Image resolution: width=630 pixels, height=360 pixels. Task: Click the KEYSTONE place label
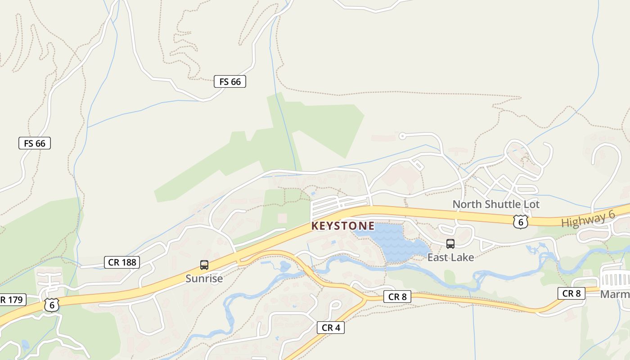342,225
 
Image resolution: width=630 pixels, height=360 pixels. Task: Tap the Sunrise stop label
204,279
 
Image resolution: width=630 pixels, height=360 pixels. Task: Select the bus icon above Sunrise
204,265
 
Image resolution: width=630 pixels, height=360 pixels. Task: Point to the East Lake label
450,257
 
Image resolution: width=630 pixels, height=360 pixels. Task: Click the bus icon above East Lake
450,244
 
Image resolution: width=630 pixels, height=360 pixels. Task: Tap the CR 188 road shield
122,262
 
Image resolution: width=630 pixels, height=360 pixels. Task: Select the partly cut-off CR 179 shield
12,300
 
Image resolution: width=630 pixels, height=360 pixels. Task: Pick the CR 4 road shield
331,328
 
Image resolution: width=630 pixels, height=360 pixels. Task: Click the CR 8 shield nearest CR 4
397,297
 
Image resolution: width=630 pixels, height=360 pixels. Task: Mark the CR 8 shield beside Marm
571,293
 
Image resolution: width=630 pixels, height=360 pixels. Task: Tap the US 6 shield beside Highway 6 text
520,221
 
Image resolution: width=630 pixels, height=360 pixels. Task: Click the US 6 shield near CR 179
51,305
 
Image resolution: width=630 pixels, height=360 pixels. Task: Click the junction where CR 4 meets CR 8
364,298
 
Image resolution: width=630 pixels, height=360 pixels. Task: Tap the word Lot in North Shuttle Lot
531,204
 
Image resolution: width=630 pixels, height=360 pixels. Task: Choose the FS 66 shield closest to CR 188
35,143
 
